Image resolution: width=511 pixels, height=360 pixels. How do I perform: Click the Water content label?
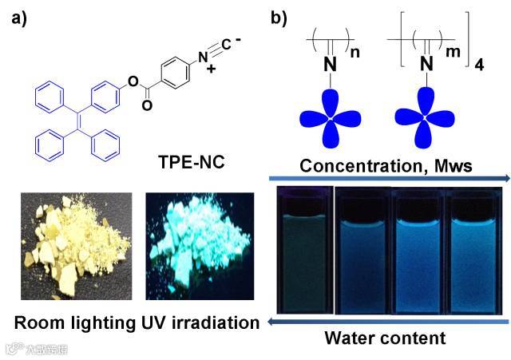tap(385, 338)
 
